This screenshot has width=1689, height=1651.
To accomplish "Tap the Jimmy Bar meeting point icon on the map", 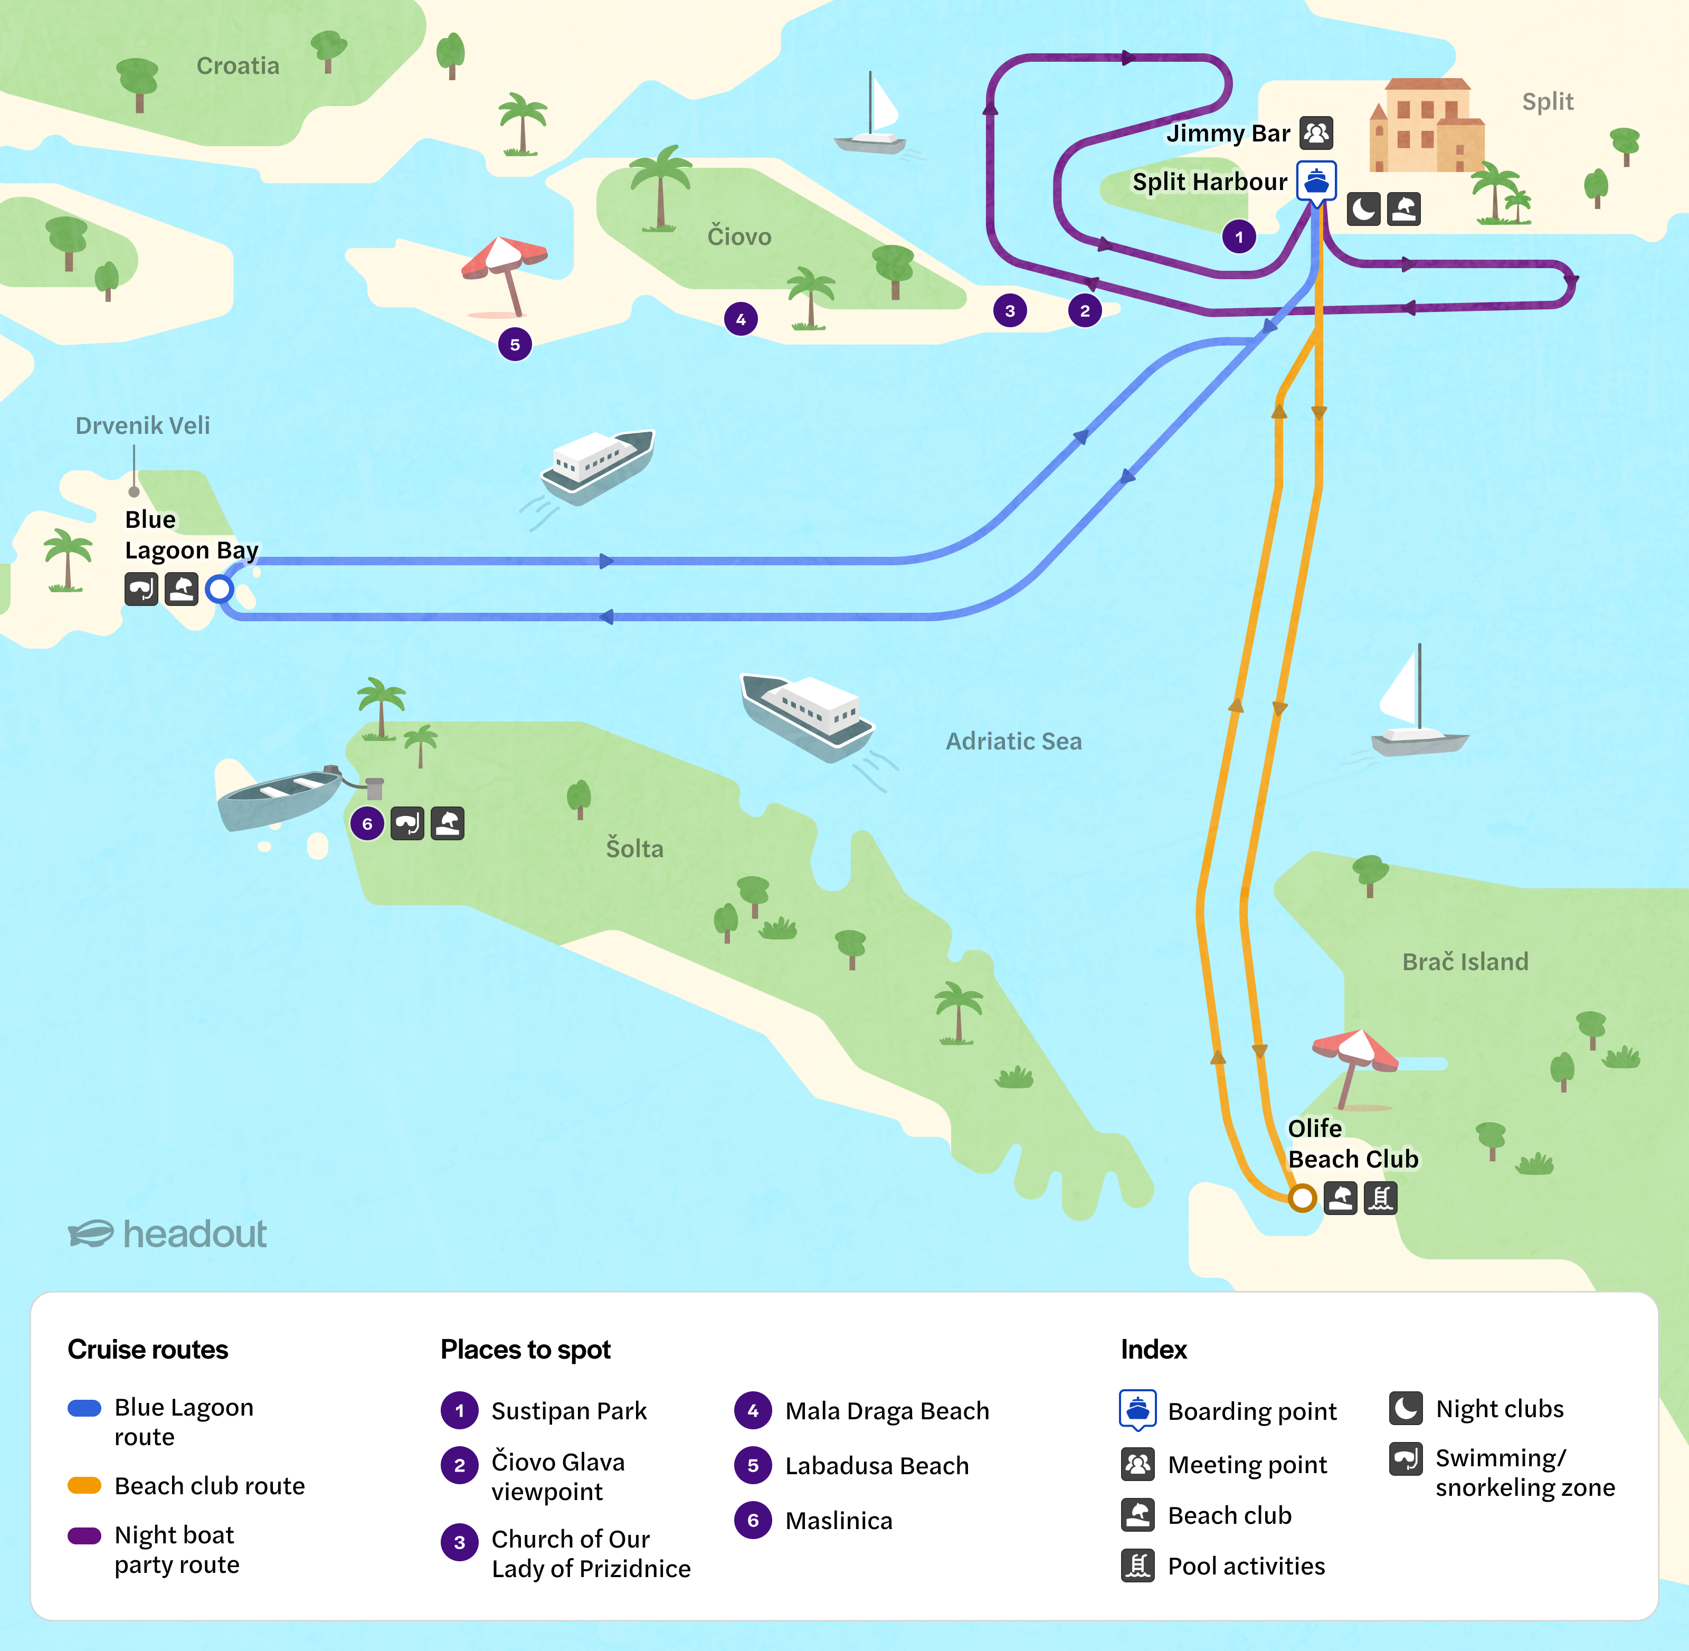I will (x=1316, y=132).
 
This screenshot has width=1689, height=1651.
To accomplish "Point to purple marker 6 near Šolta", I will (x=367, y=824).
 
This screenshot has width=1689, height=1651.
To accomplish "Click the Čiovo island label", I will (x=739, y=236).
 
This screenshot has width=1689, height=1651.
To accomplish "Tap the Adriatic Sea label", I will (x=1013, y=742).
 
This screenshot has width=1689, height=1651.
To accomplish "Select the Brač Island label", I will (x=1465, y=962).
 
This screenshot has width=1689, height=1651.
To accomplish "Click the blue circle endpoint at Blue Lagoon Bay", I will (x=220, y=589).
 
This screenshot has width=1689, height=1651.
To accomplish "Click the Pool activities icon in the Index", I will (x=1137, y=1565).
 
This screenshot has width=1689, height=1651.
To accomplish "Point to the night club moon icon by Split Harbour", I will (x=1363, y=209).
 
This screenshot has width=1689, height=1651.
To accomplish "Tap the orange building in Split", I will (x=1426, y=126).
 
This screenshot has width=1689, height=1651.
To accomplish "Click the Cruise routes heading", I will (x=147, y=1349).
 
